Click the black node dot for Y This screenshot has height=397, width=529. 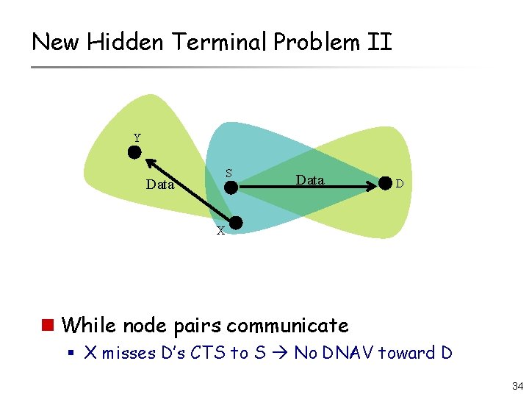point(134,152)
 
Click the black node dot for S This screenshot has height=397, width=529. point(231,187)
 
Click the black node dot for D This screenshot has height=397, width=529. point(384,183)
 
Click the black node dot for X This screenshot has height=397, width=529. point(237,223)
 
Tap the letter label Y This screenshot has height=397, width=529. point(137,137)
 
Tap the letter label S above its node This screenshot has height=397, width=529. point(228,174)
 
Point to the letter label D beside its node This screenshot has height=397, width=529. point(399,183)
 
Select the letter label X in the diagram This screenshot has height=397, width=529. point(220,231)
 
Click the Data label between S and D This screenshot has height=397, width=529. point(309,179)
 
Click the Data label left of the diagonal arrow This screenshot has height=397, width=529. point(160,185)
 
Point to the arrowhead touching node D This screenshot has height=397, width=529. point(372,187)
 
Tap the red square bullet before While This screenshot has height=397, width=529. point(48,324)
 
